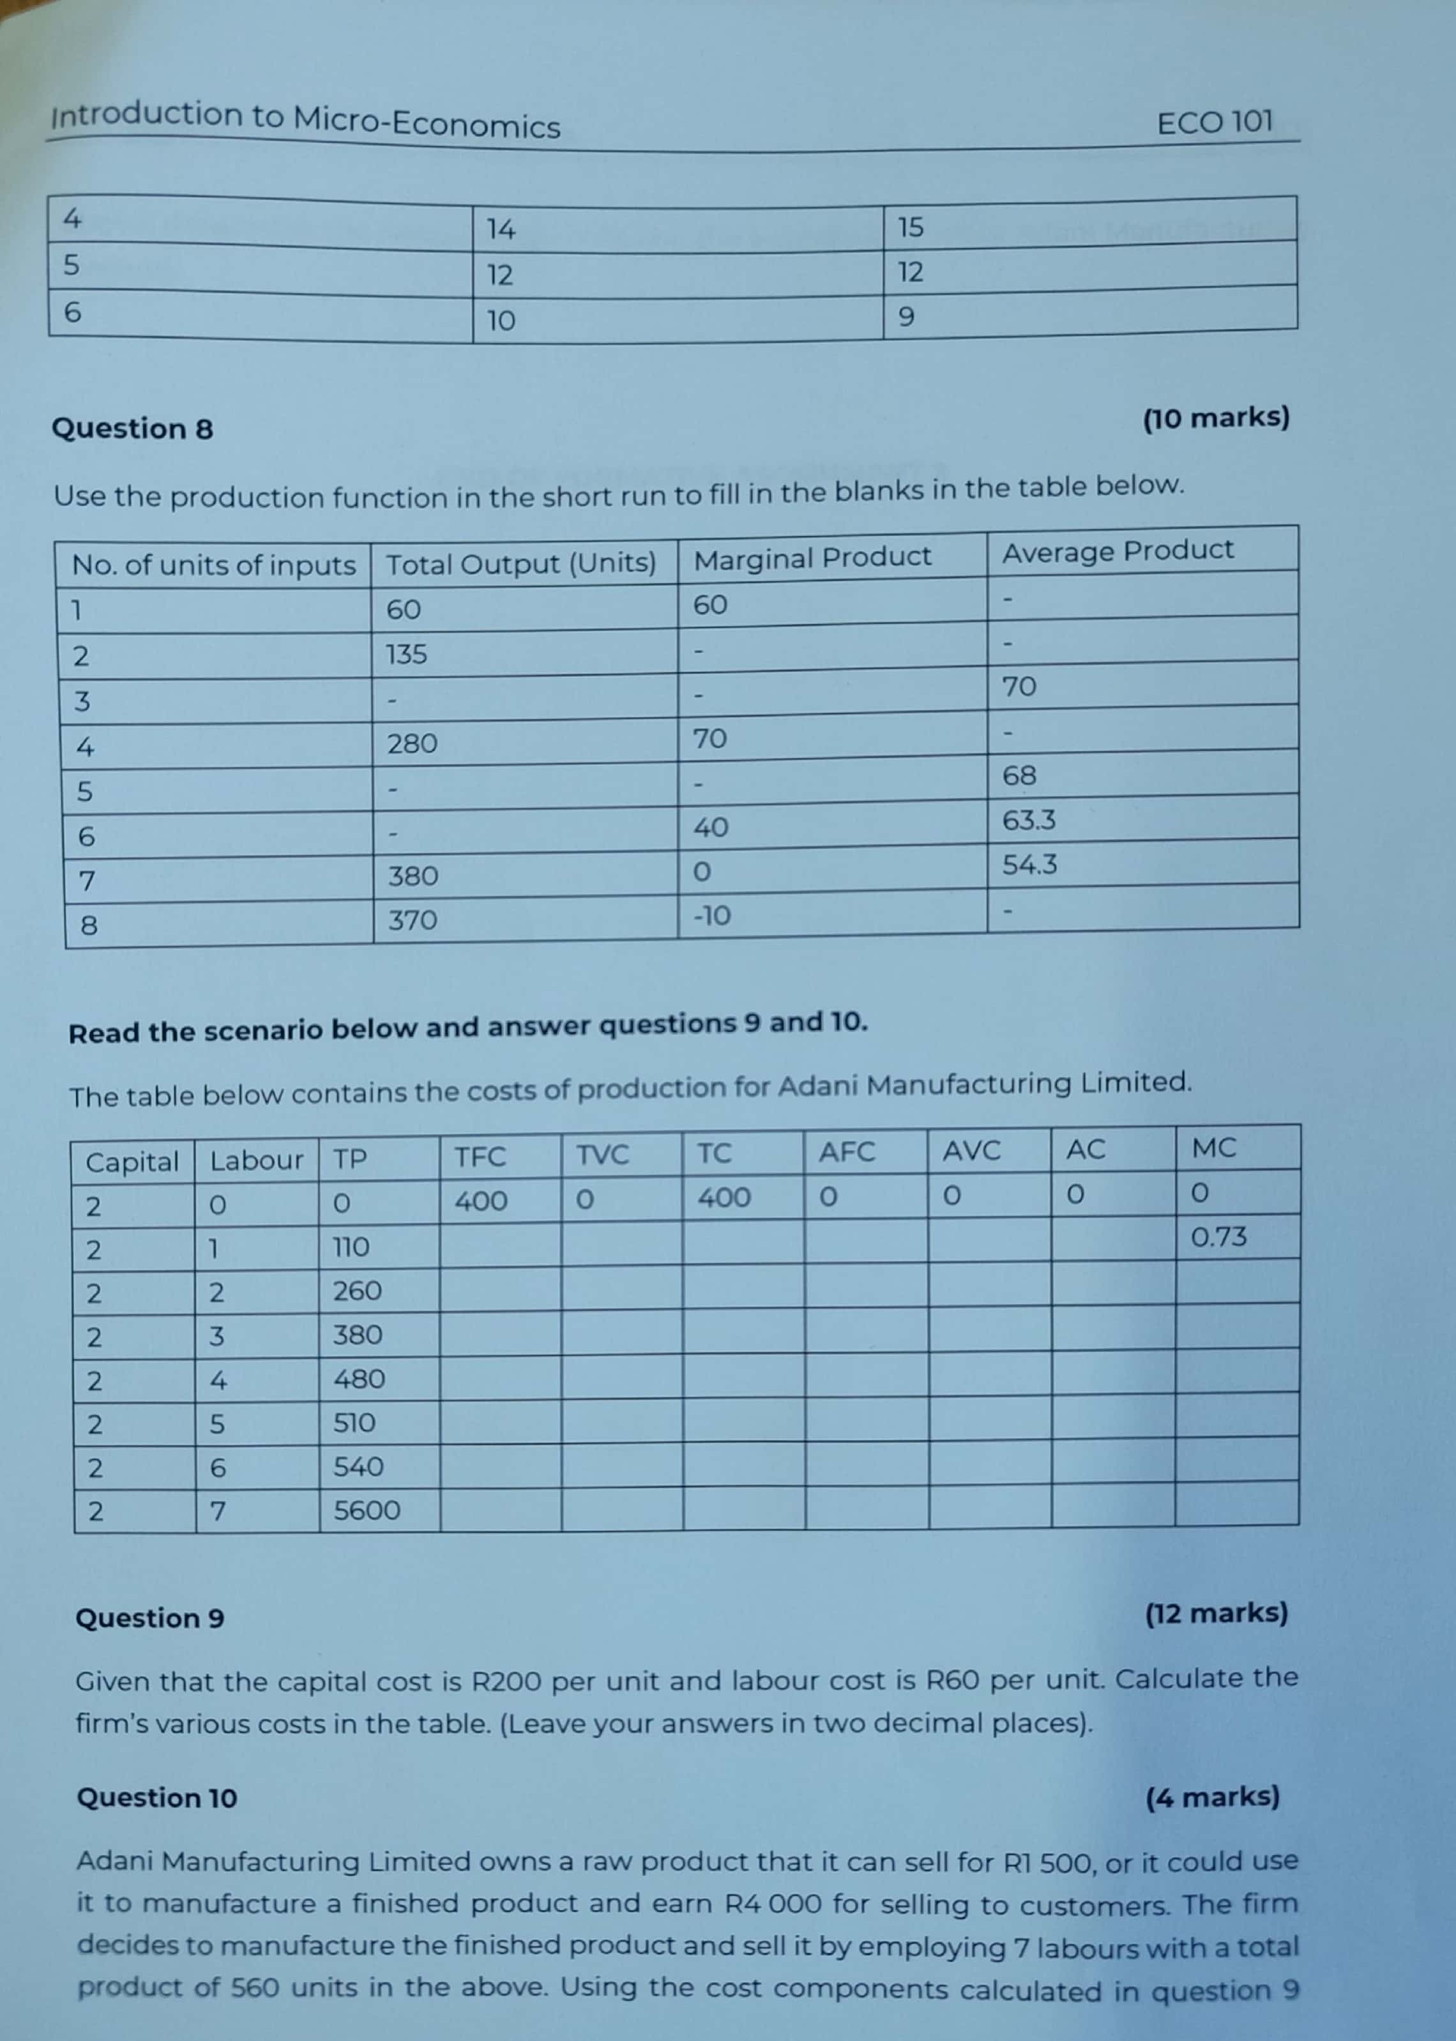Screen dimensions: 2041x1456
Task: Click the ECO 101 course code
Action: [1214, 122]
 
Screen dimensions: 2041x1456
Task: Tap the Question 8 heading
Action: [132, 429]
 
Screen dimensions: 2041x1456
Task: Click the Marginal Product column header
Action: [812, 558]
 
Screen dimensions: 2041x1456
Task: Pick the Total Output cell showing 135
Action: [406, 655]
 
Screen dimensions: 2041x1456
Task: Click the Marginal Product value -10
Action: [712, 916]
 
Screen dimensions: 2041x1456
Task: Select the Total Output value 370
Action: [413, 920]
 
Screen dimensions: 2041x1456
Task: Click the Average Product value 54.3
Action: [1029, 865]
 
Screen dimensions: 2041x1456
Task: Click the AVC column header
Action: [971, 1151]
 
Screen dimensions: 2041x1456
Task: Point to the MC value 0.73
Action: [1218, 1237]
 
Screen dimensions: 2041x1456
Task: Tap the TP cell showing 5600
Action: [367, 1510]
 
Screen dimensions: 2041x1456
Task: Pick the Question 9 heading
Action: [149, 1618]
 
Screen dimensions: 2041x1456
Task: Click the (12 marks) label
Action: [1216, 1613]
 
